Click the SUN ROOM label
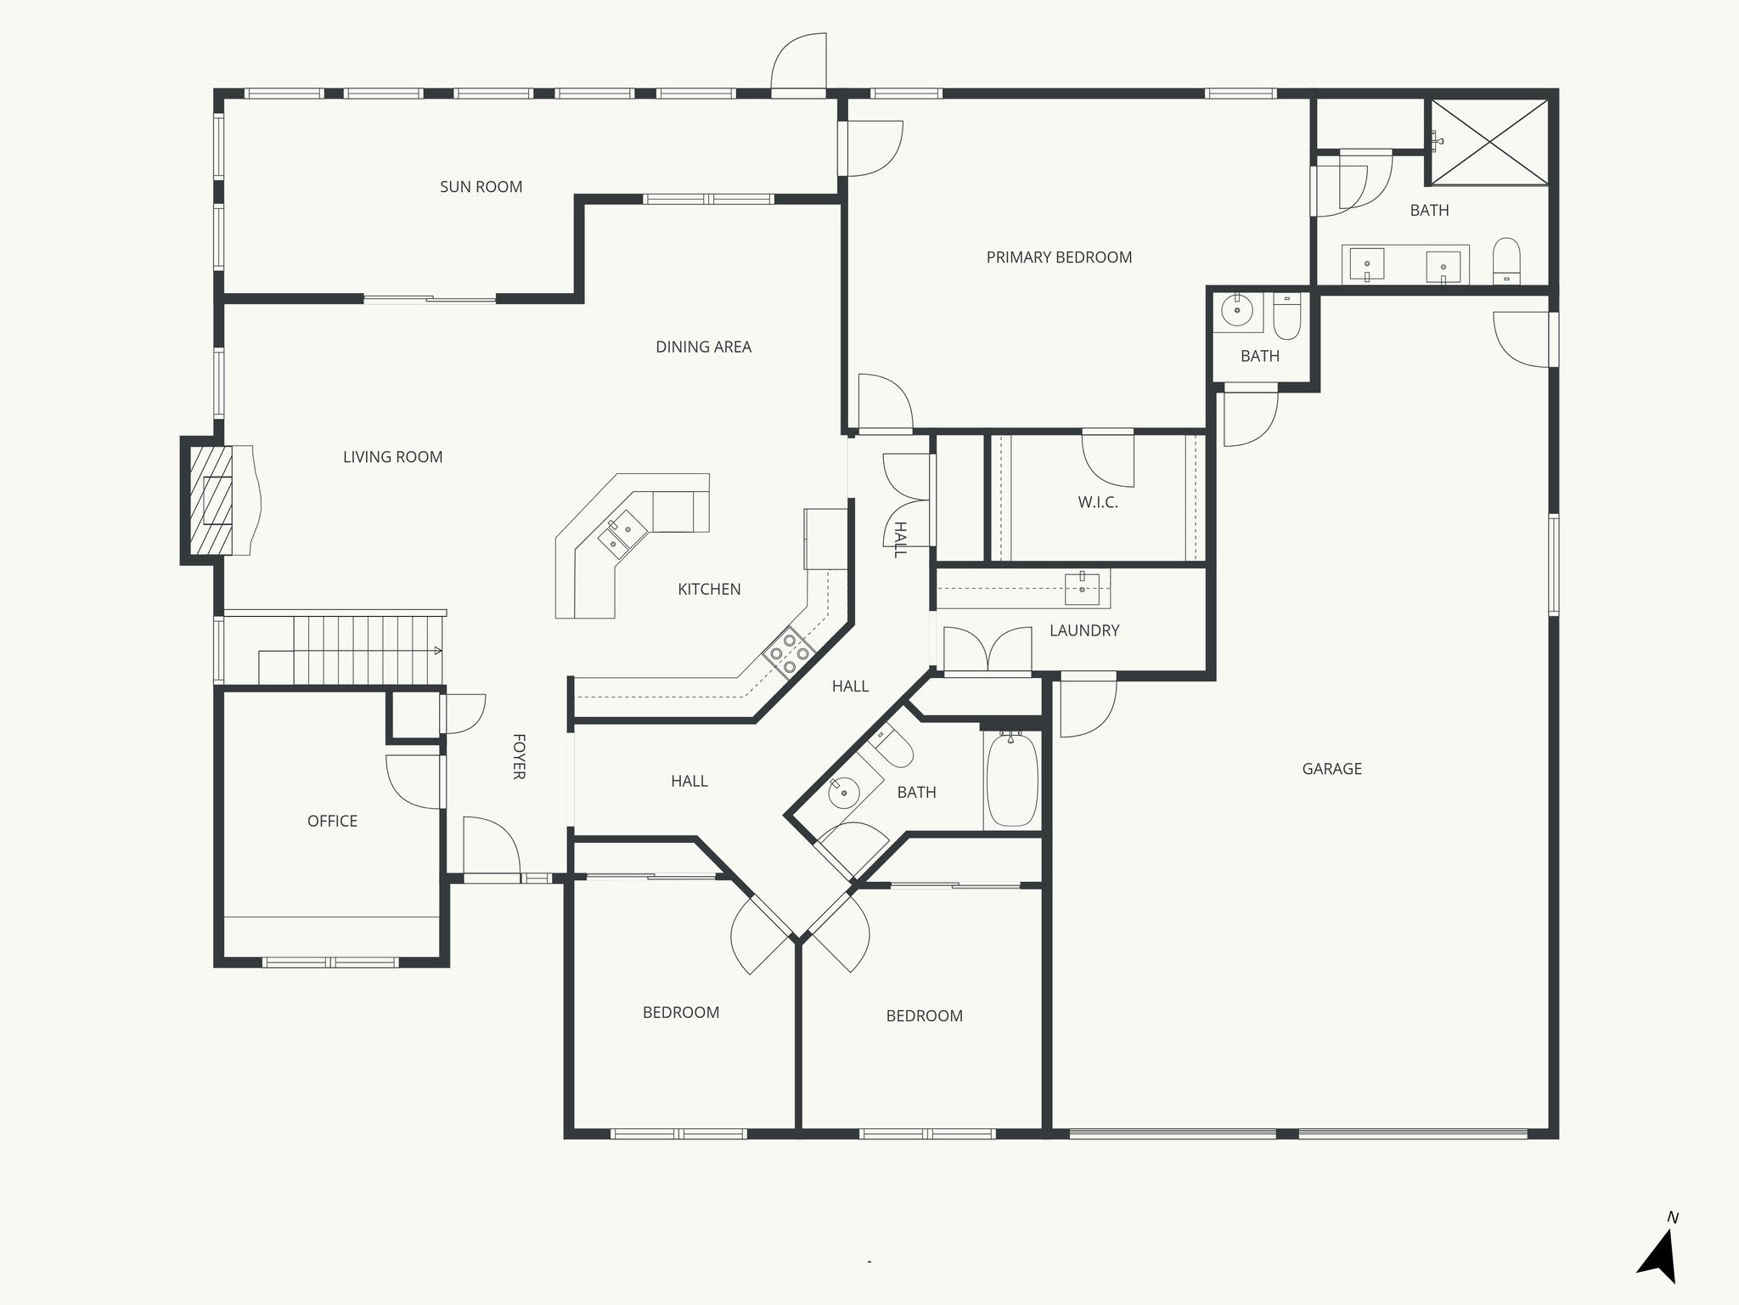(481, 187)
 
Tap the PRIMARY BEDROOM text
(1059, 257)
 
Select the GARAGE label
(1331, 769)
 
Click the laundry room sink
(1082, 588)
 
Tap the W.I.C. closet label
(1098, 502)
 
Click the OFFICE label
(332, 821)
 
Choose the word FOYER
(519, 756)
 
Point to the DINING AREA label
(703, 347)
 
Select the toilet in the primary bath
(1506, 262)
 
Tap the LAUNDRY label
(1084, 630)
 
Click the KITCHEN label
(709, 589)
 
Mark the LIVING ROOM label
(392, 457)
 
